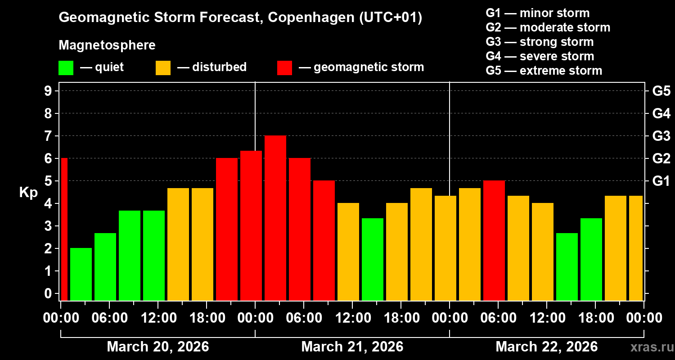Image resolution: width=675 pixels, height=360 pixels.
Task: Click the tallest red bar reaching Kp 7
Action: pos(275,218)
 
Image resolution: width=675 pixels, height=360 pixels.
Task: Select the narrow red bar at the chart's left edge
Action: pos(64,229)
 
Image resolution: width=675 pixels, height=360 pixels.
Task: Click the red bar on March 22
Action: pos(494,241)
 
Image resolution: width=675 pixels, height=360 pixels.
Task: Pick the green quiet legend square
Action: pos(66,68)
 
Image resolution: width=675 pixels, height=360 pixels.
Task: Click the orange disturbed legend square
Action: pos(163,68)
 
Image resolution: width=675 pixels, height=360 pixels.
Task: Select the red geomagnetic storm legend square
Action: pos(284,68)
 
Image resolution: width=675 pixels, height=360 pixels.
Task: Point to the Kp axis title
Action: pos(28,193)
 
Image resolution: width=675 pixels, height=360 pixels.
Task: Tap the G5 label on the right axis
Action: pos(661,91)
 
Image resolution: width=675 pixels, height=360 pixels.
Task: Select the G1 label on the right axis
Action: pos(661,181)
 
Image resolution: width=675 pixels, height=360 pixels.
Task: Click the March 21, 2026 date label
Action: pos(352,347)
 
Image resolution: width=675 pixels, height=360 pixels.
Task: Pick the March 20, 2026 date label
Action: pos(157,347)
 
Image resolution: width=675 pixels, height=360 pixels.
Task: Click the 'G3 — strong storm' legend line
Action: pos(540,42)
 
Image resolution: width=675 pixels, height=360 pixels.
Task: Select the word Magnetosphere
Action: pos(107,45)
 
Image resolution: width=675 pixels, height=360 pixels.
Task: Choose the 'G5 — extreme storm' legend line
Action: pos(544,71)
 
